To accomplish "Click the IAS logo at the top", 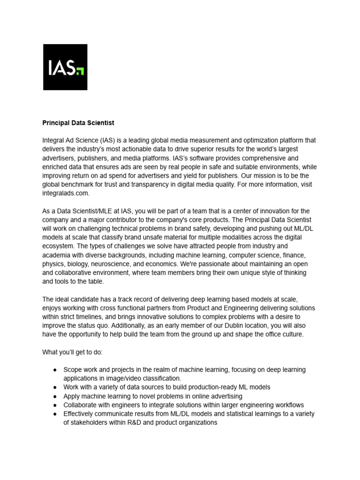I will click(x=65, y=67).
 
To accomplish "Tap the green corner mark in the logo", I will click(x=81, y=71).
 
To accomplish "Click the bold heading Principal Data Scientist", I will click(x=78, y=123).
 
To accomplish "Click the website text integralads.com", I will click(x=66, y=193).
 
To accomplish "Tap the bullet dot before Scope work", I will click(x=55, y=369).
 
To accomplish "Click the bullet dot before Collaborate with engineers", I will click(x=55, y=405).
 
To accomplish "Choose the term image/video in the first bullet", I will click(x=118, y=378).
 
